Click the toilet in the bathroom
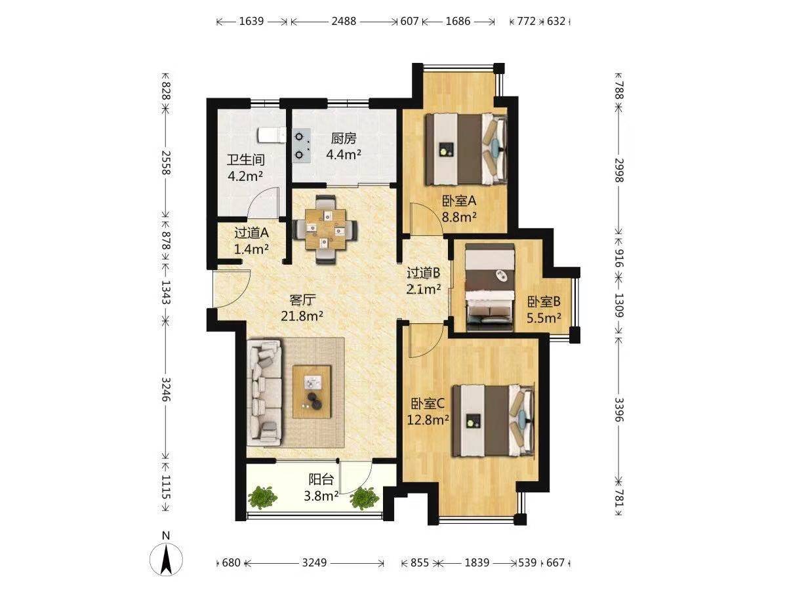(272, 136)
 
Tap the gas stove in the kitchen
(301, 146)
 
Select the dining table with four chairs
(325, 229)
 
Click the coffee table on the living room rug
(312, 391)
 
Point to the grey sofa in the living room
(264, 393)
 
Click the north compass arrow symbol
(166, 559)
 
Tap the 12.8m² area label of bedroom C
(428, 420)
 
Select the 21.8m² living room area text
(302, 316)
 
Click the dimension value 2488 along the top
(344, 21)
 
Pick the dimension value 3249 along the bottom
(314, 562)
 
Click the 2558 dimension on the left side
(166, 163)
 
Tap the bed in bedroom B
(490, 287)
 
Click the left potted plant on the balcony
(263, 497)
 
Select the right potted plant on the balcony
(364, 498)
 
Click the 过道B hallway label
(423, 273)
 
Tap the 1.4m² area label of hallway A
(251, 249)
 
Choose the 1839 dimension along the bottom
(477, 562)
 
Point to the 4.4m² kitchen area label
(343, 155)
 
